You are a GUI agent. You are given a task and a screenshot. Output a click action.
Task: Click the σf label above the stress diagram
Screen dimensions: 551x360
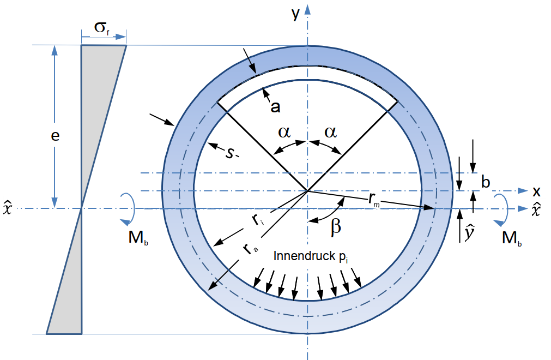click(x=102, y=28)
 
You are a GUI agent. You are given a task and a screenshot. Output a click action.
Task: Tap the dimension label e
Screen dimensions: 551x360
click(x=55, y=136)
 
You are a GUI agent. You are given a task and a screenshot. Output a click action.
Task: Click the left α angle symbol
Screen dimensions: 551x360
click(x=284, y=133)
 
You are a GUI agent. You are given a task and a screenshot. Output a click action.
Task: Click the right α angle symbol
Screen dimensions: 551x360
click(x=331, y=133)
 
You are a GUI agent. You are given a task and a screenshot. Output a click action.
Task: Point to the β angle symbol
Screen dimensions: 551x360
click(x=336, y=227)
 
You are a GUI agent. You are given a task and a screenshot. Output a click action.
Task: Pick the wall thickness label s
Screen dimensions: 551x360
click(x=229, y=153)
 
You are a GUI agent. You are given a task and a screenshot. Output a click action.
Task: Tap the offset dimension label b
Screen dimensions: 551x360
click(x=486, y=182)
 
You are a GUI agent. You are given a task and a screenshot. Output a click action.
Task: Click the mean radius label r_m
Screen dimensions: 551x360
click(x=374, y=200)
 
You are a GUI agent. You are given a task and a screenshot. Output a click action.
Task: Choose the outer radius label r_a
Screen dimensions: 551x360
click(x=250, y=249)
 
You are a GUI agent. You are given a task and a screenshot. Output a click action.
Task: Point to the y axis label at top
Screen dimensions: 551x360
click(x=295, y=14)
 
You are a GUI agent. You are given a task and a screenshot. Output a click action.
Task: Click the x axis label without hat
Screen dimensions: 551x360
click(x=536, y=191)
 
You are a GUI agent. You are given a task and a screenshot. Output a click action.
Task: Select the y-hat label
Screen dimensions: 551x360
click(x=469, y=233)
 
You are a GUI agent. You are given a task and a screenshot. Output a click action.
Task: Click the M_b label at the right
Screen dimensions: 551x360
click(x=512, y=238)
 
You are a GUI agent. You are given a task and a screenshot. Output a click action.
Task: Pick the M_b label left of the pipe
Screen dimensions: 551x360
click(x=138, y=238)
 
